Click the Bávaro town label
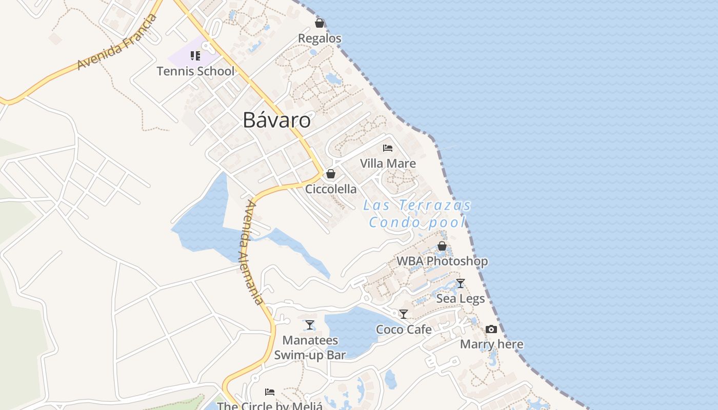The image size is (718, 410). coord(276,120)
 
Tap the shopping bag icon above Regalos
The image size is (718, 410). coord(320,23)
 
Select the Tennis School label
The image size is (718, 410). coord(195,71)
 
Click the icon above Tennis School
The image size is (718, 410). coord(195,55)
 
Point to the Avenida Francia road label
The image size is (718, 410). coord(116,43)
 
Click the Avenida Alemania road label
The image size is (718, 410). coord(254,252)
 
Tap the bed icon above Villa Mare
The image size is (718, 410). coord(388,148)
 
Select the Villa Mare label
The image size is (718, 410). coord(388,163)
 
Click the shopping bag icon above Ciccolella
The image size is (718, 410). coord(331,174)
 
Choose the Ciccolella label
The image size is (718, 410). coord(331,189)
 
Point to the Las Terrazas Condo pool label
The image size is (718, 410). coord(417,214)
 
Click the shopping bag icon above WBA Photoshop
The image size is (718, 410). coord(442,247)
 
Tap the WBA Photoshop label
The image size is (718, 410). coord(442,261)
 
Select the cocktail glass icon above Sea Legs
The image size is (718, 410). coord(461,283)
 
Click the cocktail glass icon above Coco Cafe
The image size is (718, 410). coord(404,314)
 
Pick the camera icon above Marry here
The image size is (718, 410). coord(491,329)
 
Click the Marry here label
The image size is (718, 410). coord(491,344)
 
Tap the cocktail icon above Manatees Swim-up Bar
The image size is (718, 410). coord(310,325)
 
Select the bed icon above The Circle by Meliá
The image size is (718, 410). coord(270,392)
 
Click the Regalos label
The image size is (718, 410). coord(320,38)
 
